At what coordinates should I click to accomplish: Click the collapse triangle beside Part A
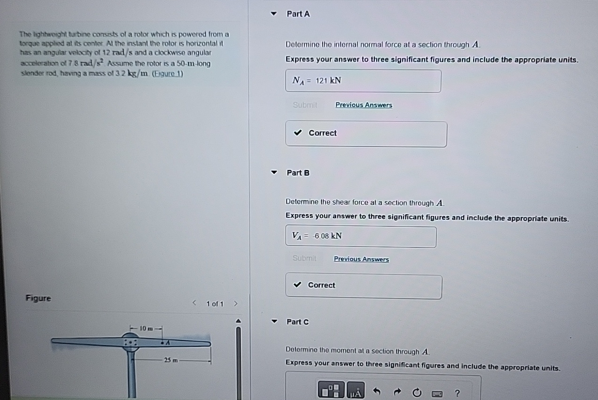274,14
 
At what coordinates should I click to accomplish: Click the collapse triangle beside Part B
274,172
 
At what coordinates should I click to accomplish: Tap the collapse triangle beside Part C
274,322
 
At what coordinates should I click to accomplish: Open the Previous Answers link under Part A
364,105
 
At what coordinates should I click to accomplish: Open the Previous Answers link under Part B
361,259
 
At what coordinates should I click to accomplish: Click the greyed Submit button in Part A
305,105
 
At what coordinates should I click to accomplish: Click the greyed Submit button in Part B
304,258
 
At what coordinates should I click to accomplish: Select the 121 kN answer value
328,81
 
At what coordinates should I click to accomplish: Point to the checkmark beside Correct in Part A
298,133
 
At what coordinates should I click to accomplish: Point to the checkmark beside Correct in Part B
297,285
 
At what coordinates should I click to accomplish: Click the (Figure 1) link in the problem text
168,73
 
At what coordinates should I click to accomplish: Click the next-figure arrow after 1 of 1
236,304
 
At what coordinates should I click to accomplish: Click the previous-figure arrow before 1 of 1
194,303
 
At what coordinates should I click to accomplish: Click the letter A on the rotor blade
166,343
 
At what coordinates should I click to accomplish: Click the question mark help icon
458,393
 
